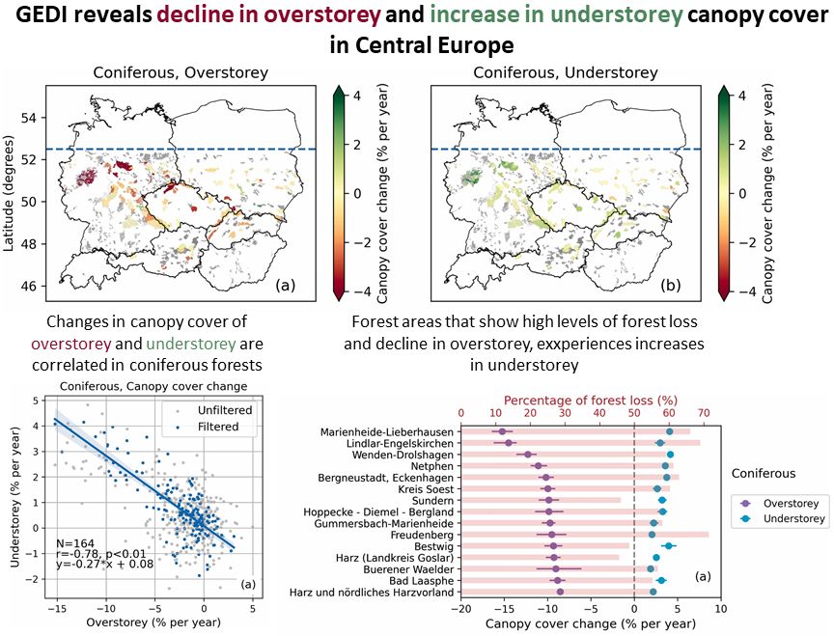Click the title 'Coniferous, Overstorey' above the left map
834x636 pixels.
[180, 72]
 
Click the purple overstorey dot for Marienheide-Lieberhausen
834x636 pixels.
[502, 431]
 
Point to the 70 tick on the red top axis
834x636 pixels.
[703, 413]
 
